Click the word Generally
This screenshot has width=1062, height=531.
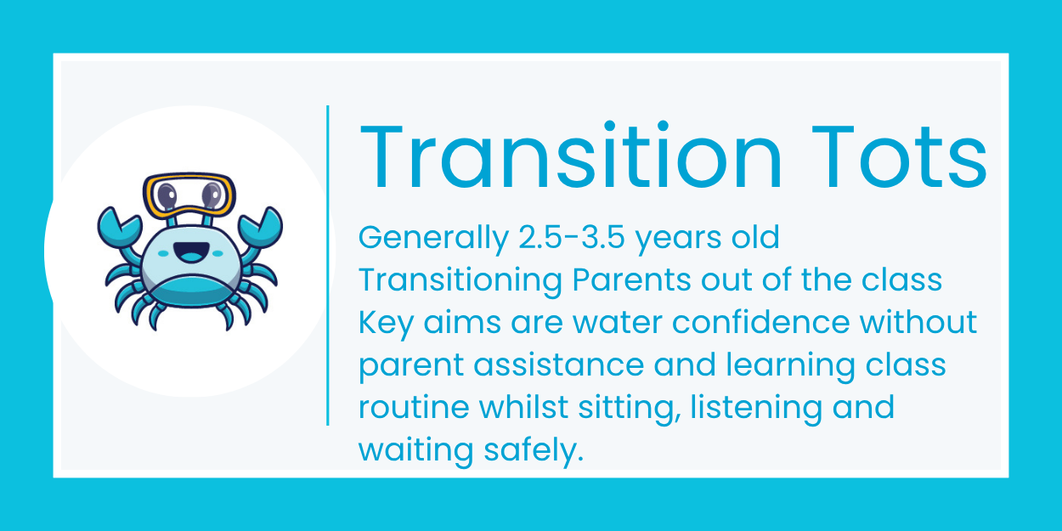click(432, 239)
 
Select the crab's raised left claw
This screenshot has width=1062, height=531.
click(119, 226)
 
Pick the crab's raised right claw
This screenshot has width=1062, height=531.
click(259, 226)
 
